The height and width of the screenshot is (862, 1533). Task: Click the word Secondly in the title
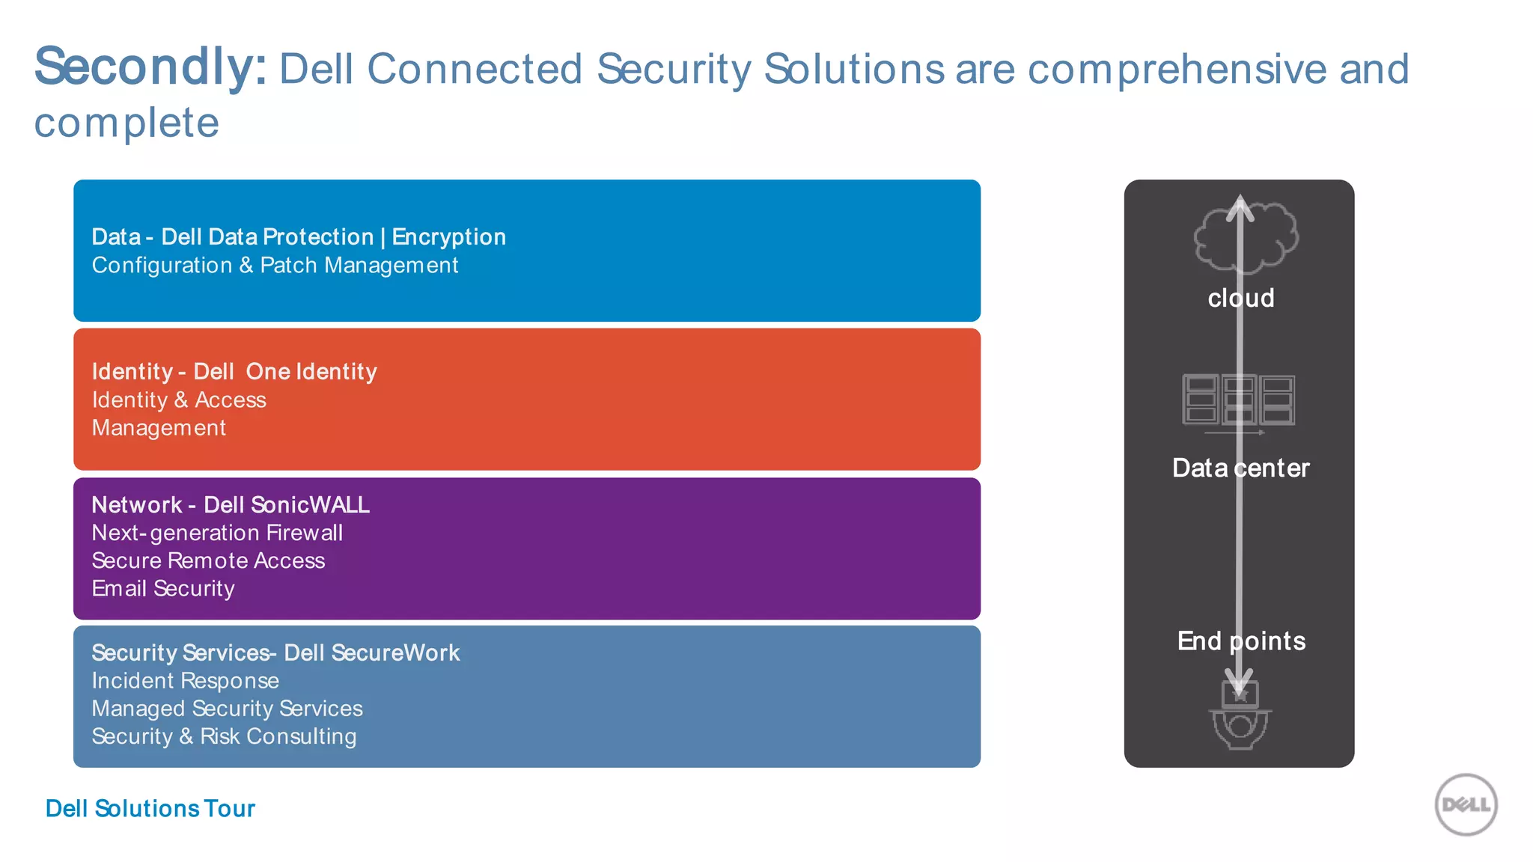click(150, 67)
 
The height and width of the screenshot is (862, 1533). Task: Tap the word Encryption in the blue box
click(448, 237)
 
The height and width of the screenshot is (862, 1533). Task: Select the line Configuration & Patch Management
click(275, 266)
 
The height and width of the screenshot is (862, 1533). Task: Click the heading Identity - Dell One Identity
click(234, 372)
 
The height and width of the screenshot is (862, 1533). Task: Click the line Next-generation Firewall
click(217, 534)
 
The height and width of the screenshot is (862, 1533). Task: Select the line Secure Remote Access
click(208, 561)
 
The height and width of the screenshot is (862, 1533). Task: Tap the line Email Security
click(163, 589)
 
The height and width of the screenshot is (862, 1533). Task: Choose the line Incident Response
click(185, 681)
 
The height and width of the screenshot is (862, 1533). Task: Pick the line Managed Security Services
click(227, 709)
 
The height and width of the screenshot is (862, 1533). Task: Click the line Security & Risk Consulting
click(224, 737)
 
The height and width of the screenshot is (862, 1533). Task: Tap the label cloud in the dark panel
click(1240, 299)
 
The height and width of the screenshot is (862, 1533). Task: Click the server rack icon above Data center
click(1238, 400)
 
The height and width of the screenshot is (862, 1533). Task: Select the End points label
click(1240, 641)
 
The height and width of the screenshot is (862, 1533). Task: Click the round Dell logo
click(1465, 805)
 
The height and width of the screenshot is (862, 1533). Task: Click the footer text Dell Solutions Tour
click(150, 809)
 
